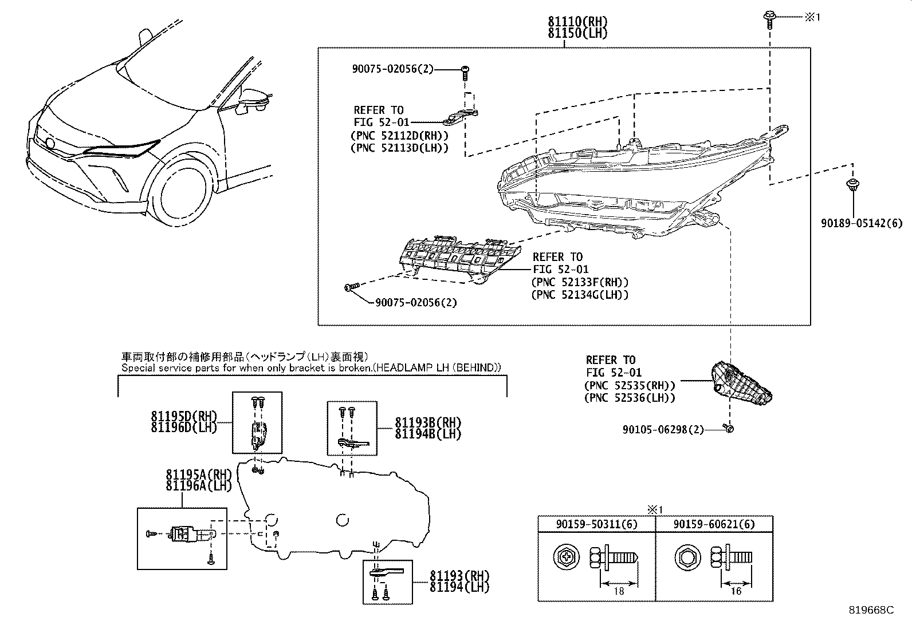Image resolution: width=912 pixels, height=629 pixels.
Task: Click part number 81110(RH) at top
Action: (577, 22)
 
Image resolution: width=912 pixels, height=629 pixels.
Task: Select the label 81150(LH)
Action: (577, 33)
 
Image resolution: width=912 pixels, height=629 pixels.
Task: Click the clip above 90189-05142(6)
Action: (852, 185)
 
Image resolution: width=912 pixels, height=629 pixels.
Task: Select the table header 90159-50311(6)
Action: (596, 524)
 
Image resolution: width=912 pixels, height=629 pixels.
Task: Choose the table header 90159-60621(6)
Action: (714, 524)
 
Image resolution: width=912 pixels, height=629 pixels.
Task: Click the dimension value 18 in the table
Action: (618, 591)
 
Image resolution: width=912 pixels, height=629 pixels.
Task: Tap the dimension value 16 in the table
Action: (736, 591)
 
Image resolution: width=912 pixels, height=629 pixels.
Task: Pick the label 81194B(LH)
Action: (427, 434)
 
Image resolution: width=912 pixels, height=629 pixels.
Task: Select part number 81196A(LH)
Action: (198, 486)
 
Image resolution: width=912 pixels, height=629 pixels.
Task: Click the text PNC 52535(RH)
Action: (630, 386)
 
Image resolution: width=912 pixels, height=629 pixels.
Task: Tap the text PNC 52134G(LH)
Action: (580, 295)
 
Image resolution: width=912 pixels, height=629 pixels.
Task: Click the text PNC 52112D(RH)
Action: (399, 136)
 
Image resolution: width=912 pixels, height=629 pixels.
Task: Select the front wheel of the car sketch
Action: (183, 195)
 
